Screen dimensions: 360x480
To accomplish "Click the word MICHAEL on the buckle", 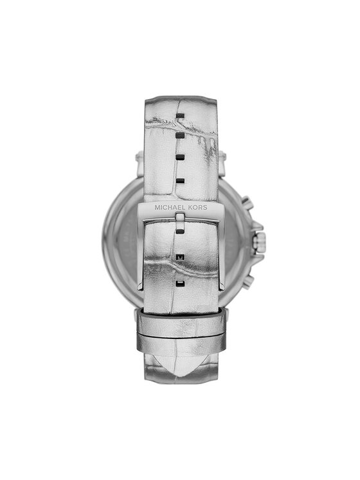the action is click(x=170, y=207).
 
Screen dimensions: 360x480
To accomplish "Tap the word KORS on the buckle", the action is click(x=197, y=207).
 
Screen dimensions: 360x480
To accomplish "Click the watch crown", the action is click(x=259, y=242).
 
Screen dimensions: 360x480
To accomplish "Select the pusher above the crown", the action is click(x=248, y=203).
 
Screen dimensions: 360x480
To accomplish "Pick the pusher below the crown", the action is click(x=248, y=281).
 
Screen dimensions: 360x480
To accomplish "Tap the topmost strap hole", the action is click(x=181, y=116).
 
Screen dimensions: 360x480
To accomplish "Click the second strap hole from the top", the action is click(x=181, y=135).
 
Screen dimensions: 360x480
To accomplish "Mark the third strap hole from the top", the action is click(x=181, y=158).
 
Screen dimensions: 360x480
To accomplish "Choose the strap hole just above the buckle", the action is click(x=181, y=181).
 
